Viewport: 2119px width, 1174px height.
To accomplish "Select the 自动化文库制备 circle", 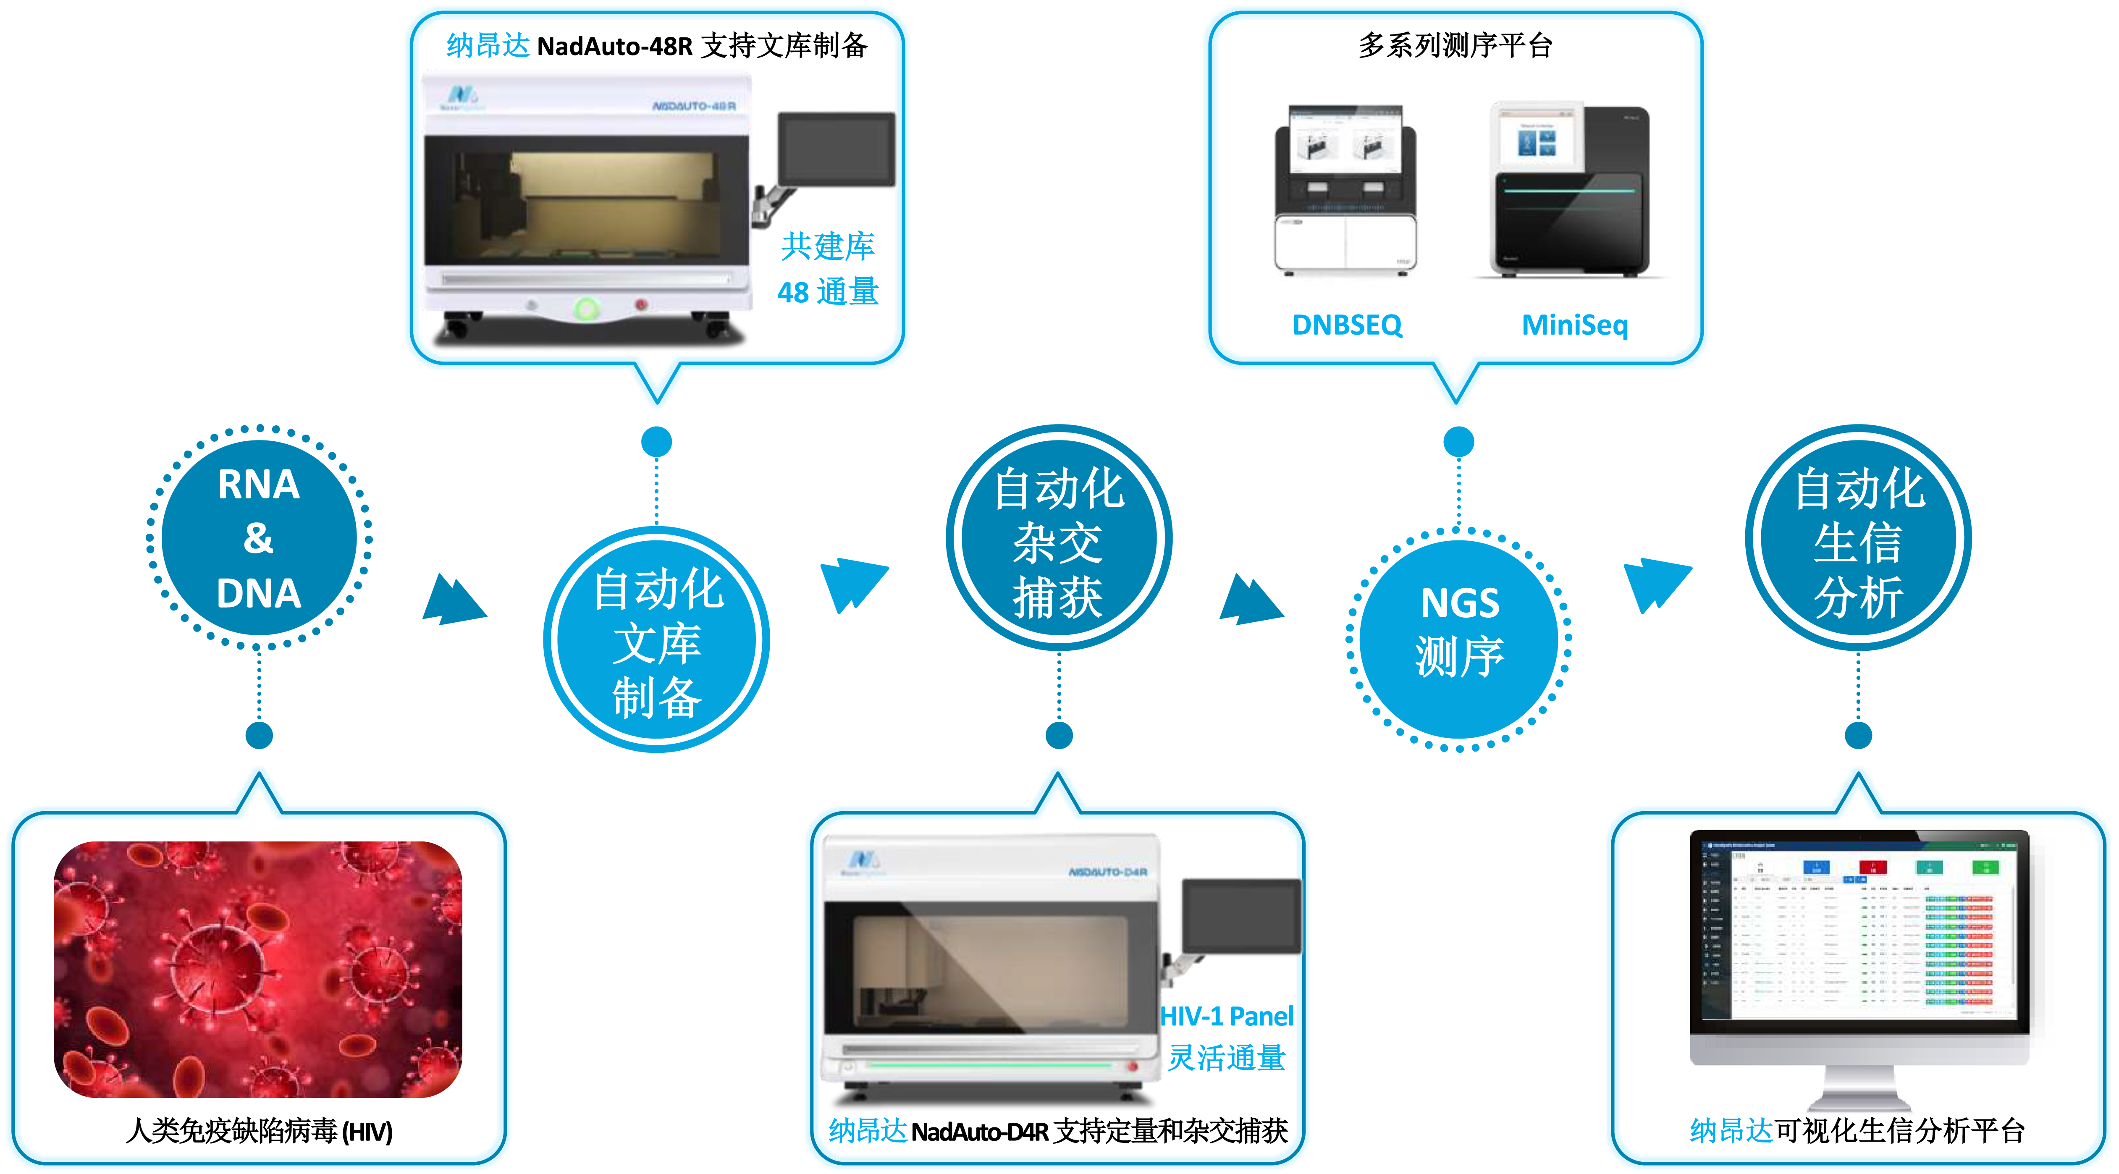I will pos(656,640).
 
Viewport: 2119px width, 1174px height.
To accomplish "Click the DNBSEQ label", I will pos(1347,325).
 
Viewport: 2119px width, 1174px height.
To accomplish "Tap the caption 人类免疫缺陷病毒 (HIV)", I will pos(259,1131).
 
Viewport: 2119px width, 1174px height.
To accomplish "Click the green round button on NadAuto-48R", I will pos(587,309).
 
